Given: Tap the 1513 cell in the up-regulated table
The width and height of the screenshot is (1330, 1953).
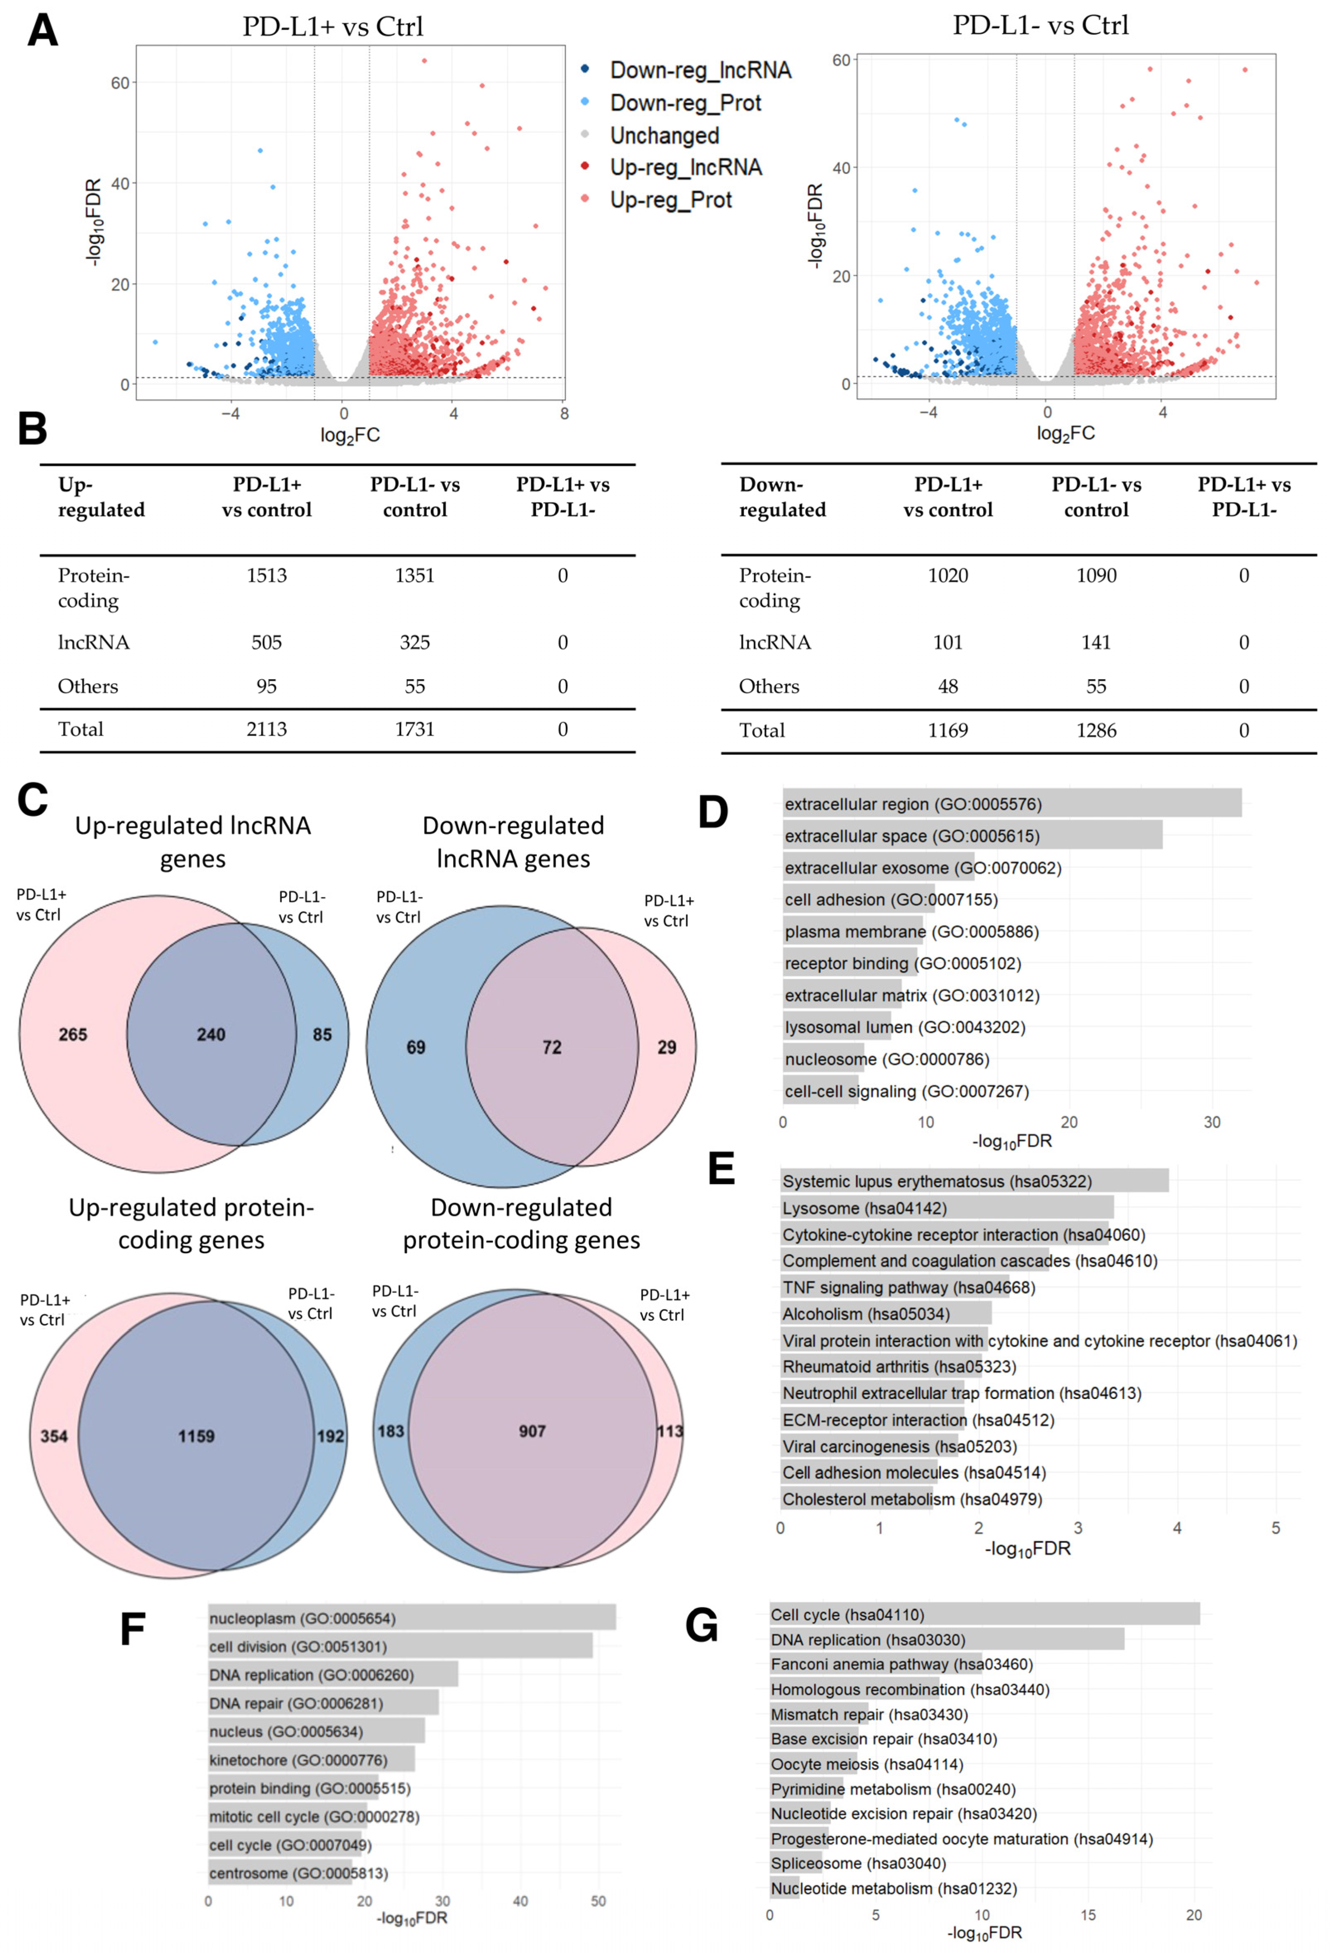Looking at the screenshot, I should coord(267,576).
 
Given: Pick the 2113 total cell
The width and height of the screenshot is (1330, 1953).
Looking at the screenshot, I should coord(267,730).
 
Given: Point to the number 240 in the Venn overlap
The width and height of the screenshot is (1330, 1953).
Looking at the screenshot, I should coord(211,1035).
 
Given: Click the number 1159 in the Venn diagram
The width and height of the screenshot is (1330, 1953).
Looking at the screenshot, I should coord(196,1436).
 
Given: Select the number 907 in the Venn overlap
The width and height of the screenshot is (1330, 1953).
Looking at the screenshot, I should coord(532,1431).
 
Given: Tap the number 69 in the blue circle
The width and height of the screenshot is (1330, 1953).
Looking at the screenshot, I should coord(415,1047).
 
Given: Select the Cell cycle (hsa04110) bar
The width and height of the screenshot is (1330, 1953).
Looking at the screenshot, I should coord(984,1614).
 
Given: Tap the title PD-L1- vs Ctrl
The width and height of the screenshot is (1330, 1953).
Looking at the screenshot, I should coord(1040,25).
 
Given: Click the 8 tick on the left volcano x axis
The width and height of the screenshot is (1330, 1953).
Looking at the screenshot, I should coord(564,413).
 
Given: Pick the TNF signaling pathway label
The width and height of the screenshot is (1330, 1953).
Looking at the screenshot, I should coord(908,1288).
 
